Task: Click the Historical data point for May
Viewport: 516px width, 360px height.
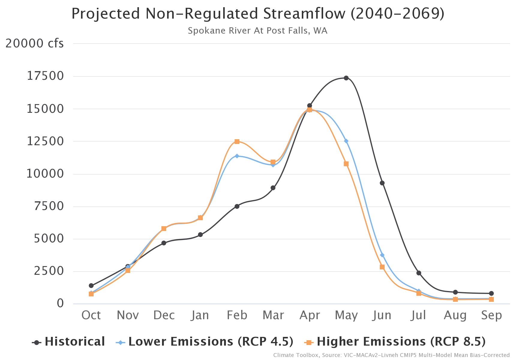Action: [x=346, y=78]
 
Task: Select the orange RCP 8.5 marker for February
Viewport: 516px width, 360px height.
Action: [x=237, y=142]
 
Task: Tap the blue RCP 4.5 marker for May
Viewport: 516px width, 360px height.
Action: [x=346, y=141]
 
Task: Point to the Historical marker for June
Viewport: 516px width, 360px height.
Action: [x=382, y=183]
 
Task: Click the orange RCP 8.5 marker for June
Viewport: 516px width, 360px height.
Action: [x=382, y=267]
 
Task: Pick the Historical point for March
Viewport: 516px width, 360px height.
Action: [x=273, y=188]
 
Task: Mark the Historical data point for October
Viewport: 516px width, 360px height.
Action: [x=91, y=286]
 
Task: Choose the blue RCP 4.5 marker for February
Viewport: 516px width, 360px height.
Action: [x=237, y=156]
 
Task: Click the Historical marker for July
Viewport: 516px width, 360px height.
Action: [x=419, y=273]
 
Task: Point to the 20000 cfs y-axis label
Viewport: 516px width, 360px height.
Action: [x=34, y=43]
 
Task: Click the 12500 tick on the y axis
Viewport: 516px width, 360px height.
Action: [x=45, y=141]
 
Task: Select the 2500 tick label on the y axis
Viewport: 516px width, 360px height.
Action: [x=49, y=271]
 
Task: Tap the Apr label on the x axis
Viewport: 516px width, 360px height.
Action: [x=310, y=315]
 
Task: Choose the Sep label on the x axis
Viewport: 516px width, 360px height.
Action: [x=491, y=315]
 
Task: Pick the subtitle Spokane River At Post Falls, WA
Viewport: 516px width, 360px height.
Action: [x=257, y=31]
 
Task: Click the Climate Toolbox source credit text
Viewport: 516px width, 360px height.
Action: [x=391, y=355]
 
